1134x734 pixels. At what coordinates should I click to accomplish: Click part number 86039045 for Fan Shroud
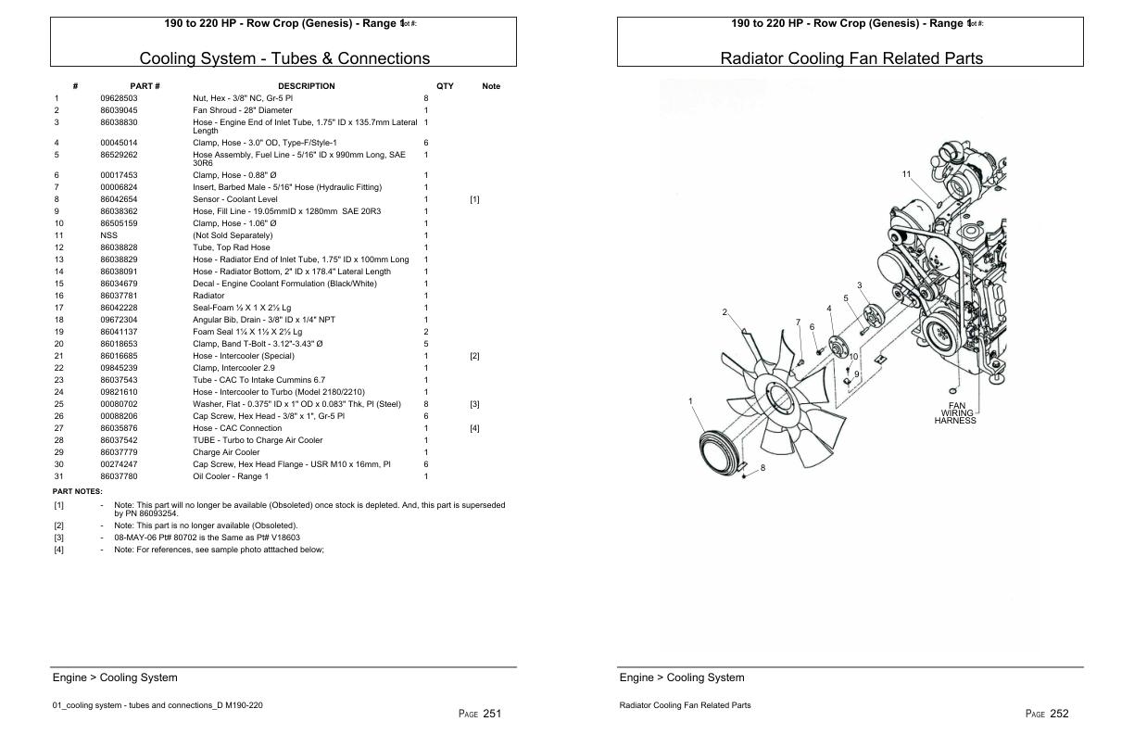pyautogui.click(x=119, y=110)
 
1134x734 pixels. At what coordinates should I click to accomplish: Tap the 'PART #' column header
pyautogui.click(x=150, y=86)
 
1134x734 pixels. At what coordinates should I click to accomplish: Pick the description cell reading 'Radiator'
pyautogui.click(x=208, y=296)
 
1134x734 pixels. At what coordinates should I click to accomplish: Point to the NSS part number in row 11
pyautogui.click(x=107, y=235)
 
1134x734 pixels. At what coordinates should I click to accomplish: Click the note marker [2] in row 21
pyautogui.click(x=474, y=356)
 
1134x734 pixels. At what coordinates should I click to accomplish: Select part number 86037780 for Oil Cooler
pyautogui.click(x=119, y=476)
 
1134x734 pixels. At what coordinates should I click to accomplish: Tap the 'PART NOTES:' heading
pyautogui.click(x=77, y=491)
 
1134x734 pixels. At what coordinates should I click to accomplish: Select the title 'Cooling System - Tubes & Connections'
pyautogui.click(x=284, y=58)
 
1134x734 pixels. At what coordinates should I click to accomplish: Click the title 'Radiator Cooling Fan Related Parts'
pyautogui.click(x=851, y=58)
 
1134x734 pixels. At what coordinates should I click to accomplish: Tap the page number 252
pyautogui.click(x=1058, y=713)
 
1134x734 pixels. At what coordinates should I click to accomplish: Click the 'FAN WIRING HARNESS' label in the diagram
pyautogui.click(x=955, y=412)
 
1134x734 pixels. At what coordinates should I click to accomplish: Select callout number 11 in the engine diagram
pyautogui.click(x=906, y=174)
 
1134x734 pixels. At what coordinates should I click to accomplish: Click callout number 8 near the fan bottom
pyautogui.click(x=762, y=468)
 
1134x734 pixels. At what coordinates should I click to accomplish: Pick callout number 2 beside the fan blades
pyautogui.click(x=724, y=312)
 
